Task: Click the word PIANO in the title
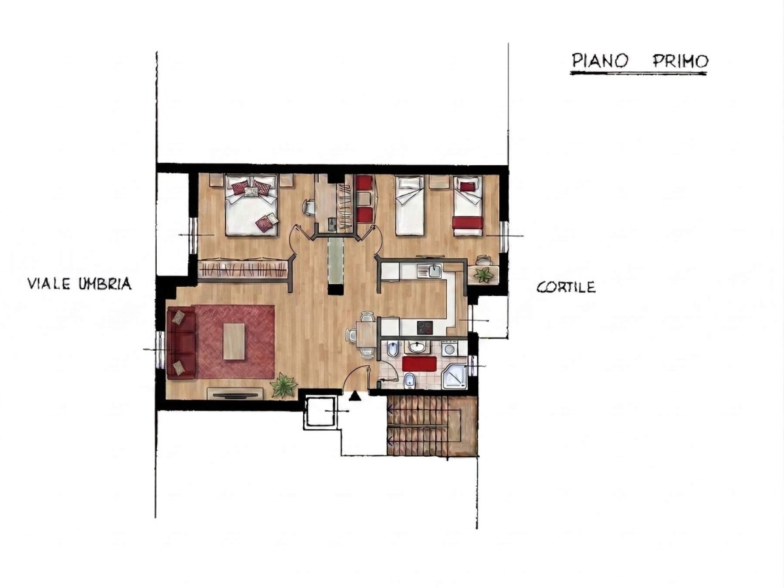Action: coord(600,61)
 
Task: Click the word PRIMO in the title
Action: coord(680,61)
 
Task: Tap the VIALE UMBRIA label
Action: coord(80,284)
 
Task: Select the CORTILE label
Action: coord(566,287)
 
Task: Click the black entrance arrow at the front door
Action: coord(355,395)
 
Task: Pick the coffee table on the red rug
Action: coord(234,341)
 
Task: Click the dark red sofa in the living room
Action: coord(181,342)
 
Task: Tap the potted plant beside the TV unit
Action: coord(284,385)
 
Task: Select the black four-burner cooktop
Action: coord(425,327)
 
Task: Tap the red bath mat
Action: coord(419,364)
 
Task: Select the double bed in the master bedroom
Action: coord(252,205)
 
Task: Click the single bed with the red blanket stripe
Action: coord(468,206)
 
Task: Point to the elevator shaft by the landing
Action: coord(319,412)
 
